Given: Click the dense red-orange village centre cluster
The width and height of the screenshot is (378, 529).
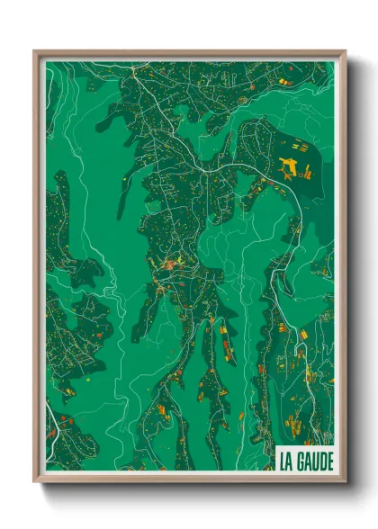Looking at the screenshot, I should click(x=169, y=265).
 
